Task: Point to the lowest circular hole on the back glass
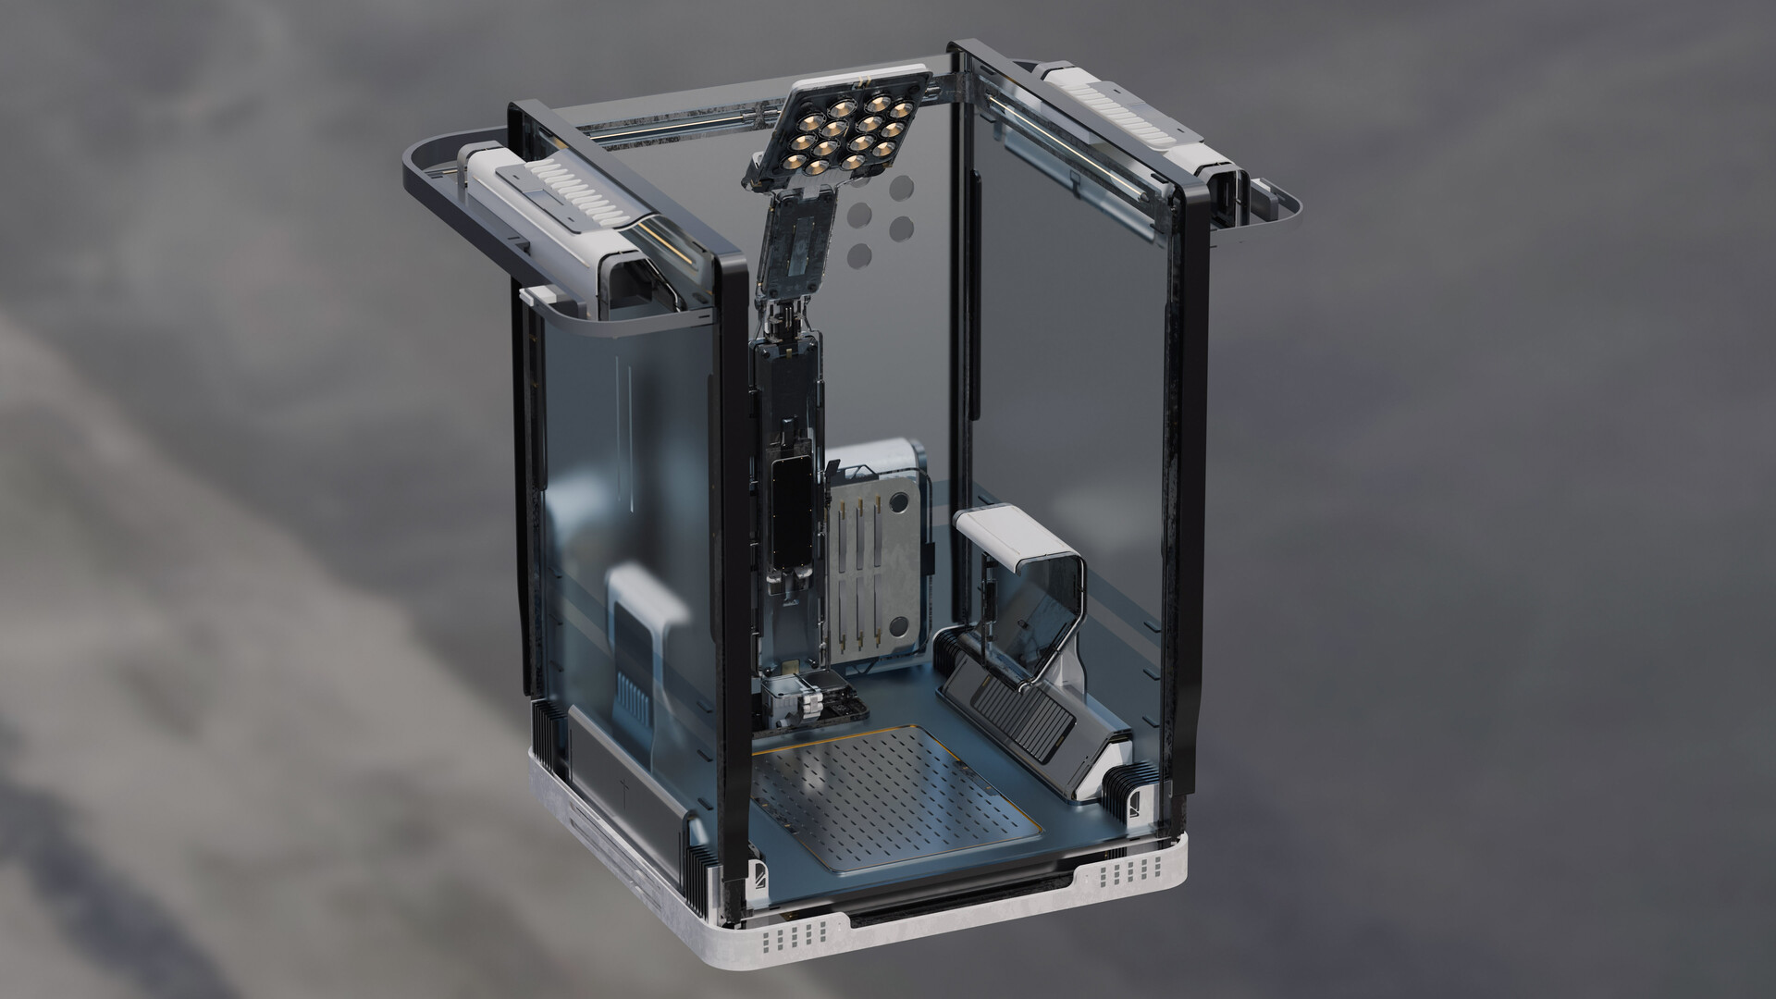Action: click(859, 254)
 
